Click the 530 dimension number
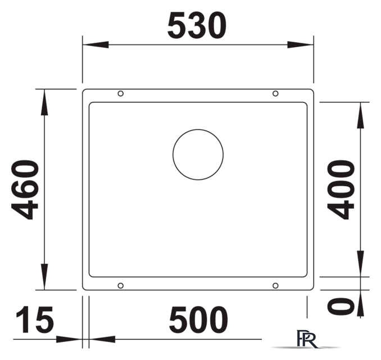(x=197, y=26)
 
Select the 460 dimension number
(x=25, y=190)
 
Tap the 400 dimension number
(x=341, y=189)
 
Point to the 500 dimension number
(x=198, y=319)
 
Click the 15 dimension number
(x=34, y=319)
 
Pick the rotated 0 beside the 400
(x=341, y=306)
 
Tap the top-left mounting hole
(x=120, y=93)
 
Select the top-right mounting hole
(x=275, y=93)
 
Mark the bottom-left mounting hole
(x=120, y=286)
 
